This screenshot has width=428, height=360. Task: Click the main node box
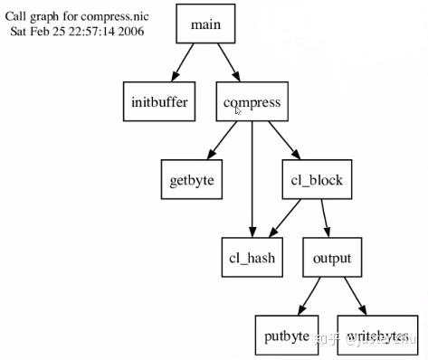(207, 24)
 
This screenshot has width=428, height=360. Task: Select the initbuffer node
(159, 102)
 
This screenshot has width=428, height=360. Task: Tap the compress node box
(252, 102)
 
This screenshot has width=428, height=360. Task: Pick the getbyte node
(192, 180)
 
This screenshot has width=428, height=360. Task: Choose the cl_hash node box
(252, 258)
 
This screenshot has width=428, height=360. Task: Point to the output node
(332, 258)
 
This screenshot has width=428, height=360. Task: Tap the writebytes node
(376, 336)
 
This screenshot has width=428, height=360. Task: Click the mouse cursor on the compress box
(239, 109)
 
